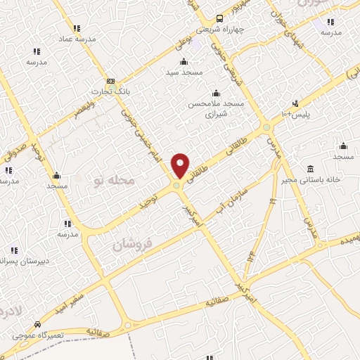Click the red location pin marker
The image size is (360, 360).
click(181, 165)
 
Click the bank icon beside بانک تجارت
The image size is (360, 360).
click(110, 81)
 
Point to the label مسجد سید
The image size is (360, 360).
click(184, 72)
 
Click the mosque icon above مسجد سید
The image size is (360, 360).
click(184, 61)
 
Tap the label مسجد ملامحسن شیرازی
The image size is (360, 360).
click(215, 108)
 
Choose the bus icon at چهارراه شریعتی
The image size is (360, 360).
click(220, 19)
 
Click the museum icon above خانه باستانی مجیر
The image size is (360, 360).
click(310, 169)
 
